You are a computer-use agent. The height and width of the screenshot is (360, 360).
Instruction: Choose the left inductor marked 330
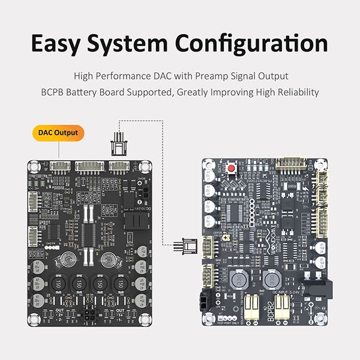pos(239,278)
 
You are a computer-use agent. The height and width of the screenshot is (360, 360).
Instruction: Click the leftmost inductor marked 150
pos(59,283)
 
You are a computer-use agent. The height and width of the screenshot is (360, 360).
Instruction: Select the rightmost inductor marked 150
pos(122,283)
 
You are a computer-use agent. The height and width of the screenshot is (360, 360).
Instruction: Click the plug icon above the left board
pos(119,145)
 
